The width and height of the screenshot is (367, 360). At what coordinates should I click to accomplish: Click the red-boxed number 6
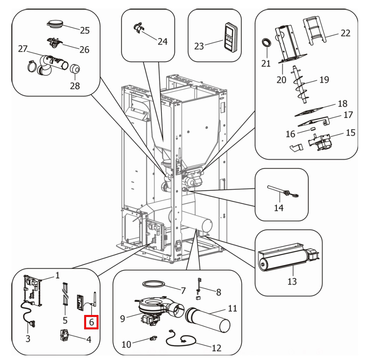92,322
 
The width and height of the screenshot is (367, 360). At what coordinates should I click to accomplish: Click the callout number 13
292,281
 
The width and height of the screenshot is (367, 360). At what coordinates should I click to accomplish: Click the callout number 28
75,86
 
